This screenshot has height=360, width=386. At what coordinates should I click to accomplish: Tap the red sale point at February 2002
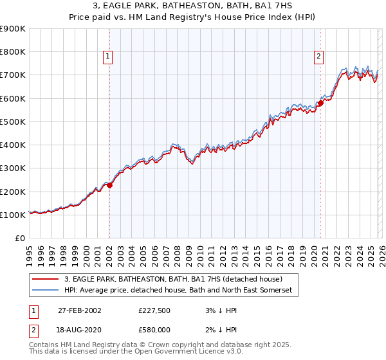109,185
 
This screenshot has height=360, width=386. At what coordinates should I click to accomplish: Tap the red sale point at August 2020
320,103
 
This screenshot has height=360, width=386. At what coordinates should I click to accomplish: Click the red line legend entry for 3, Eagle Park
173,279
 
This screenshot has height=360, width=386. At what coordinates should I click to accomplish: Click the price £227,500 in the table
154,310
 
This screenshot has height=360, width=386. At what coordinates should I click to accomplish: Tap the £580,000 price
154,330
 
